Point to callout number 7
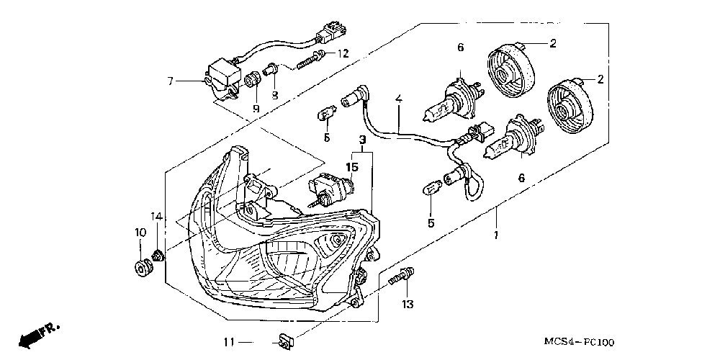pos(171,81)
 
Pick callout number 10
pos(139,232)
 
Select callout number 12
pos(343,53)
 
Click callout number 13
pos(408,305)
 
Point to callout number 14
pos(156,217)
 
